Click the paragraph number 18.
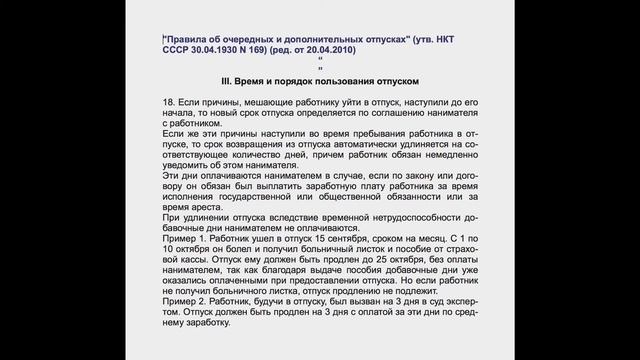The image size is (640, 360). [x=166, y=104]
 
